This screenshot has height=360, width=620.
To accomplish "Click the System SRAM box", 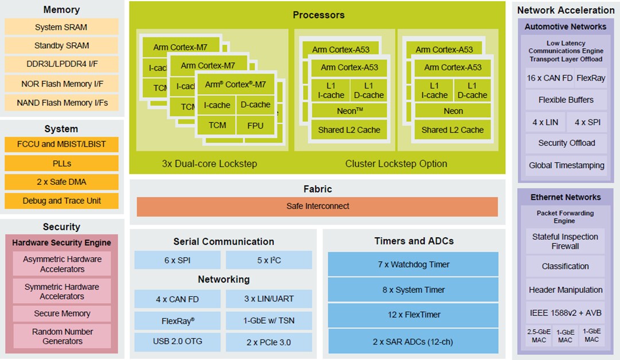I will [x=61, y=28].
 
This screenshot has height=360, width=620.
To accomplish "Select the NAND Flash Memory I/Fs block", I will [x=61, y=103].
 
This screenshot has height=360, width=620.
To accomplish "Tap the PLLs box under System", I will [x=61, y=164].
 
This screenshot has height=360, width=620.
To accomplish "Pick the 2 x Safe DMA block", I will [x=61, y=182].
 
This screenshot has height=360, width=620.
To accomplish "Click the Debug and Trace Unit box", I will [x=61, y=201].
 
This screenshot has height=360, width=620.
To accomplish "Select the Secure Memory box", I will [x=62, y=313].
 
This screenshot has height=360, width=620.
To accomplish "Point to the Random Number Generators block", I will [x=62, y=336].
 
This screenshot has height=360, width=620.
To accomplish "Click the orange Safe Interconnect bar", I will [x=317, y=206].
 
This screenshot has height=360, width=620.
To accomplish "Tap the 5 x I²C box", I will [x=269, y=260].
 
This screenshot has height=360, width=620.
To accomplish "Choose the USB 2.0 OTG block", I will [x=177, y=342].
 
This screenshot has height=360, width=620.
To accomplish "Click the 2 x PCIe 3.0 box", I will [x=269, y=342].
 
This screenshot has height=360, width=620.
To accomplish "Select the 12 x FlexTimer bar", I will [x=413, y=315].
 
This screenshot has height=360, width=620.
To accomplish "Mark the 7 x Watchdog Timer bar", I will [x=413, y=265].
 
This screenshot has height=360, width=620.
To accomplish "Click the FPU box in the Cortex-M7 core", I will [x=255, y=125].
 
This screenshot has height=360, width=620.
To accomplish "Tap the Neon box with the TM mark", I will [x=349, y=111].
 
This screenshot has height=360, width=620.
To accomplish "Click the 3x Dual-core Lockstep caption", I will [x=210, y=164].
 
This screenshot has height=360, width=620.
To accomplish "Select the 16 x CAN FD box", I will [x=549, y=78].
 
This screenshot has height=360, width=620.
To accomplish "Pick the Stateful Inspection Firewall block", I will [x=565, y=241].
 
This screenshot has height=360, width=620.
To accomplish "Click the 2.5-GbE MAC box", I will [x=538, y=336].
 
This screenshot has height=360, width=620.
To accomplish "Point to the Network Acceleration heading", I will [x=565, y=10].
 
